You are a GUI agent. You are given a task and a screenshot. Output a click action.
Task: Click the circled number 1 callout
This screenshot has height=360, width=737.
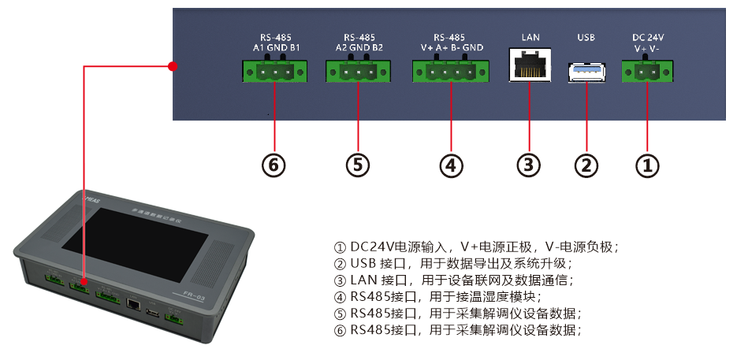pos(646,165)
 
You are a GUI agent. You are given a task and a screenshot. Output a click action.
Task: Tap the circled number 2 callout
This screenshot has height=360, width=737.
pos(586,165)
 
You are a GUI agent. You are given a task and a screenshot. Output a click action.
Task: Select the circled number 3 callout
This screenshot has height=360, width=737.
pos(529,165)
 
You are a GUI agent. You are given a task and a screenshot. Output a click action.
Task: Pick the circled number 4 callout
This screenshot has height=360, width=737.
pos(450,165)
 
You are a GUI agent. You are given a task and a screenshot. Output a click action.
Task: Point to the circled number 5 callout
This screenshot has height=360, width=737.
pos(358,165)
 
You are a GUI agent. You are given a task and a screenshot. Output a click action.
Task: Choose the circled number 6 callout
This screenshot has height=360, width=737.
pos(274,165)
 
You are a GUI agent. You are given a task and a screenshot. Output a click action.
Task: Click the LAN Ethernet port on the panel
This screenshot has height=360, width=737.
pos(529,65)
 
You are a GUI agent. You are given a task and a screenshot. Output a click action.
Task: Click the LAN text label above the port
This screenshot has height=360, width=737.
pos(530,37)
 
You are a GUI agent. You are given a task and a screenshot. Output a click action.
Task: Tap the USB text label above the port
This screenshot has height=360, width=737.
pos(586,37)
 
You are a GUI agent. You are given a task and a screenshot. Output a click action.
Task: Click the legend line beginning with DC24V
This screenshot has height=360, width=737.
pos(476,246)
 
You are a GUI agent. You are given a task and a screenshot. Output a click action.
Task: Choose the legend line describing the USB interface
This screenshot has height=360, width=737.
pos(452,263)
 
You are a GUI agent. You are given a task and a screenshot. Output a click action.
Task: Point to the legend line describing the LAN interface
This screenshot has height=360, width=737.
pos(453,280)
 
